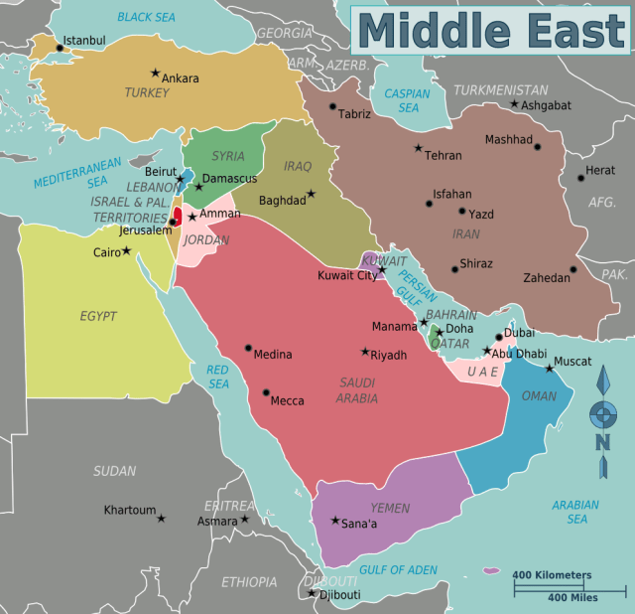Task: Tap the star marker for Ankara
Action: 155,73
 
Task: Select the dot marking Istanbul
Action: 59,47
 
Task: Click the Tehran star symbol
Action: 418,148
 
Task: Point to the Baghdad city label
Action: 282,201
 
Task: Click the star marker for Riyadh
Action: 365,352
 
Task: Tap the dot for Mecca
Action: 265,392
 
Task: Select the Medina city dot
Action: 248,348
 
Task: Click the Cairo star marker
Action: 126,251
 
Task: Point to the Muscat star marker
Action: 549,369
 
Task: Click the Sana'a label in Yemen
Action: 360,524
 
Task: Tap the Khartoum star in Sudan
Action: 161,518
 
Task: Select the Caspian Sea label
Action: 407,100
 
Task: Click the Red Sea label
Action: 217,377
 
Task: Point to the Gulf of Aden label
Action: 398,569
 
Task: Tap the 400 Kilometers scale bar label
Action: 552,575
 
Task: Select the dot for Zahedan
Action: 573,269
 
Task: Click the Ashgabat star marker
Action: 514,103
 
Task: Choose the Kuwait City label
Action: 346,275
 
